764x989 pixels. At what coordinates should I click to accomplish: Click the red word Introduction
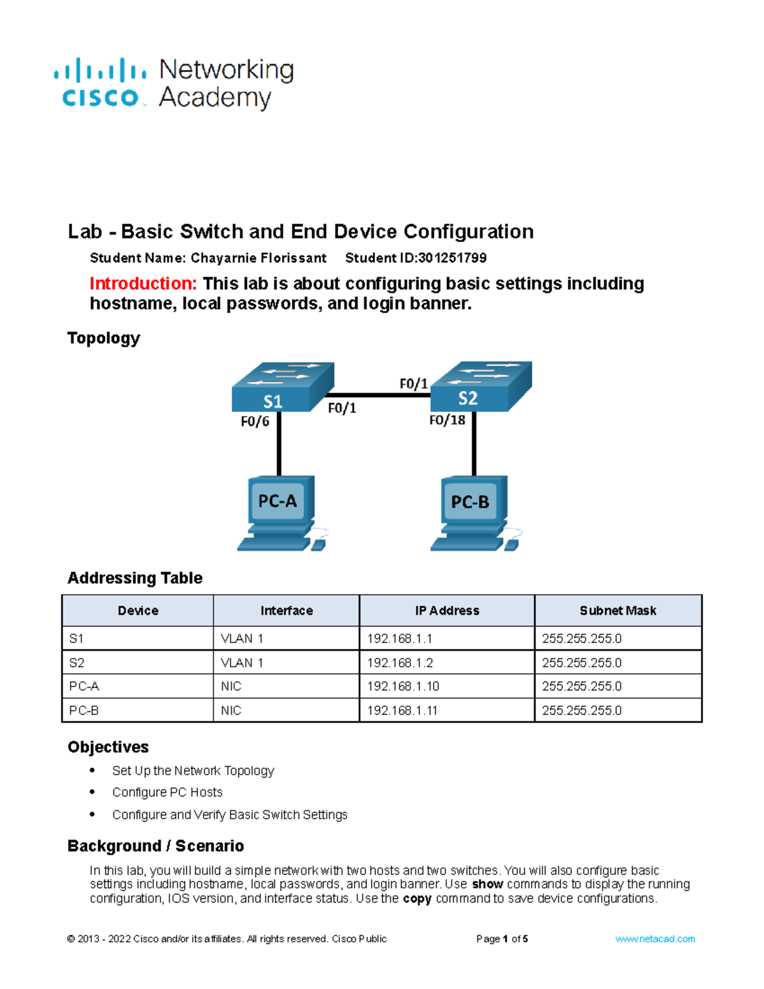coord(143,284)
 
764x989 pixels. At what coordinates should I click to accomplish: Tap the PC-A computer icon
coord(278,512)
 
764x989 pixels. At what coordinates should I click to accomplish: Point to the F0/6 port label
coord(255,422)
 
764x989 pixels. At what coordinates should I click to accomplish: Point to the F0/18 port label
coord(447,420)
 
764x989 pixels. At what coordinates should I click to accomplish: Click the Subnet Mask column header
coord(618,611)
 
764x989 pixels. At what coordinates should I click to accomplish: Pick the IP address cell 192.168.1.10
coord(403,687)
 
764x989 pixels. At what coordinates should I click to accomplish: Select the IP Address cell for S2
coord(400,663)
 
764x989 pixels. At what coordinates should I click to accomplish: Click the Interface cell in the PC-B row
coord(231,711)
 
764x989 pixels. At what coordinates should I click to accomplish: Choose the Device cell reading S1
coord(76,639)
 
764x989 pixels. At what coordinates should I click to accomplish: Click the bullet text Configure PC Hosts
coord(167,793)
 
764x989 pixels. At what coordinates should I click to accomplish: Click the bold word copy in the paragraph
coord(417,899)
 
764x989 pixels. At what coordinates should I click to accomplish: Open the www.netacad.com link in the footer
coord(654,939)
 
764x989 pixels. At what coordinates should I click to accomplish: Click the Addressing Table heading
coord(135,578)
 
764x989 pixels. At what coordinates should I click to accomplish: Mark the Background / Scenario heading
coord(156,846)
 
